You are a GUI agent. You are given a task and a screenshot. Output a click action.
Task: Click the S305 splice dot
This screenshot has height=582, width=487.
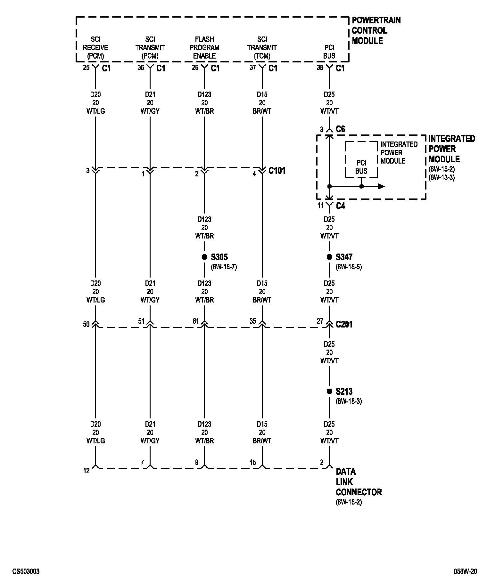204,257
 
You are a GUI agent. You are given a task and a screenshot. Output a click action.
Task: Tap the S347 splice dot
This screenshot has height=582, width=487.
329,257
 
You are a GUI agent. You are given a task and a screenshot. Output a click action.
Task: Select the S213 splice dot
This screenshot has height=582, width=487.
329,391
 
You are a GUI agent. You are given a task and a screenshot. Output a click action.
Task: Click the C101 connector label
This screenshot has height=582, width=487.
277,171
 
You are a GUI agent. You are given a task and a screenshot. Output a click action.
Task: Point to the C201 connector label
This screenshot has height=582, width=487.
344,324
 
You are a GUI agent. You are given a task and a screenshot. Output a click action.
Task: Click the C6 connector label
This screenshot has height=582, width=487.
340,129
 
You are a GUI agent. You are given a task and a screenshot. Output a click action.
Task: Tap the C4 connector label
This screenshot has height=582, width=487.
340,206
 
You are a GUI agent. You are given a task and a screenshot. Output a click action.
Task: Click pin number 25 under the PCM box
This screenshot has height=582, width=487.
86,68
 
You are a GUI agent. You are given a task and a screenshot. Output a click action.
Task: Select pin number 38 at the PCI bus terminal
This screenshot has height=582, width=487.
320,68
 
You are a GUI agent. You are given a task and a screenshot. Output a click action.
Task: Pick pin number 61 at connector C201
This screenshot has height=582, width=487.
196,321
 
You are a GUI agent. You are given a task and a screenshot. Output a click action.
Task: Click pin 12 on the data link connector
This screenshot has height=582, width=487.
87,471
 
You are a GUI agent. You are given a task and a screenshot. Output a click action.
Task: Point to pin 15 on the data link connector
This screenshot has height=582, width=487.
253,462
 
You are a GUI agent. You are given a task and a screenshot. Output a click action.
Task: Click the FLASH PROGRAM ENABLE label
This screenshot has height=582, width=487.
204,47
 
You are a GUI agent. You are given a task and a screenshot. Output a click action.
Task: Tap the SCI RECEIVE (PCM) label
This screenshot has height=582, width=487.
95,47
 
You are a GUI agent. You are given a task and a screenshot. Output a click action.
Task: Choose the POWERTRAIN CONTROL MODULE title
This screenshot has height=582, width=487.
376,30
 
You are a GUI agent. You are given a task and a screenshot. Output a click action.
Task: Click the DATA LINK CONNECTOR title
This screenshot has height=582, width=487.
359,481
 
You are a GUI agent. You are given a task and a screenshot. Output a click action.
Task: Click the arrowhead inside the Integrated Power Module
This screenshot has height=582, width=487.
381,186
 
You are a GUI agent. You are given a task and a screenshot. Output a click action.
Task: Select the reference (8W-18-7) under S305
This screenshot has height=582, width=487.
224,267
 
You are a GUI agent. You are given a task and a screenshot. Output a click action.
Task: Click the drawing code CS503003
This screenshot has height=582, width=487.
26,571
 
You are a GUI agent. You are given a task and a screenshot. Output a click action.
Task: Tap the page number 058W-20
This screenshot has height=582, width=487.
465,571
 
